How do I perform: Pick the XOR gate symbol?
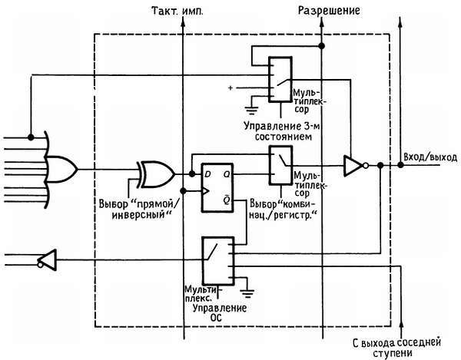pos(153,172)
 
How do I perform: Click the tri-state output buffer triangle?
pos(353,164)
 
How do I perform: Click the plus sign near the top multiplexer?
pos(230,88)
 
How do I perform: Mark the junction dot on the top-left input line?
pos(29,137)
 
